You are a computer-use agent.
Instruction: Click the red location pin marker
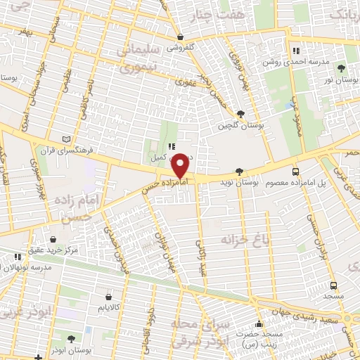point(180,166)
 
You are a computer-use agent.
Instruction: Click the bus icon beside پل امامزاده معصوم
point(295,171)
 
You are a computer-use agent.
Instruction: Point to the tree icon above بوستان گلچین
point(240,113)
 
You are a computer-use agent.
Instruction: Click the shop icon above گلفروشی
point(181,37)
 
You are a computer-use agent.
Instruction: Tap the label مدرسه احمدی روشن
point(291,62)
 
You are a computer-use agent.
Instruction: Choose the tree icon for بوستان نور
point(341,68)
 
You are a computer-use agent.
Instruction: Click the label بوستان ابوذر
point(70,349)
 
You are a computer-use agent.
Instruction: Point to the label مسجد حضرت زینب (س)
point(260,341)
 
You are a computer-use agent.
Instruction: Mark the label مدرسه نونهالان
point(25,268)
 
